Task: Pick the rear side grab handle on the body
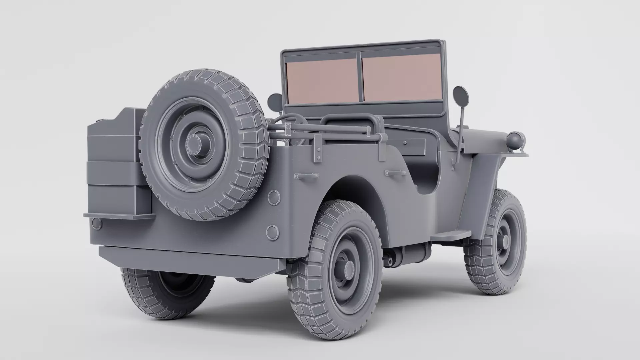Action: tap(306, 176)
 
